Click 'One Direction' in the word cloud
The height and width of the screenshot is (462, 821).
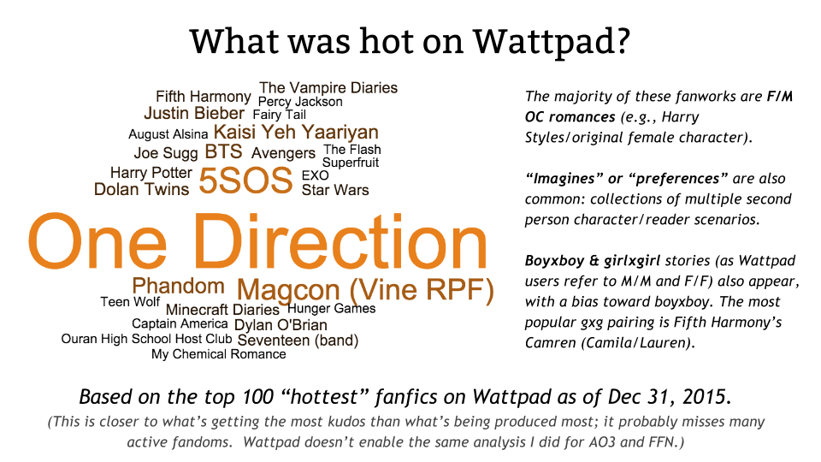257,241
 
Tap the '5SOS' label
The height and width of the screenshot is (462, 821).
245,181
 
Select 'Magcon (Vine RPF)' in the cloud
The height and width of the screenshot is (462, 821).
365,291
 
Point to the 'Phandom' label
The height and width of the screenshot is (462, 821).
178,286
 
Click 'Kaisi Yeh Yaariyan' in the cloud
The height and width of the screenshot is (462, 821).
296,133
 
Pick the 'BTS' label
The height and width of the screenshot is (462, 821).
223,151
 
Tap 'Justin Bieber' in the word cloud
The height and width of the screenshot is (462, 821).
194,113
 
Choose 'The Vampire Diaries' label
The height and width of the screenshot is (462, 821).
328,87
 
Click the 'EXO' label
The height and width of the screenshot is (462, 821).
316,175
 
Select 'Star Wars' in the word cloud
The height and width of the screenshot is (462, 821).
335,190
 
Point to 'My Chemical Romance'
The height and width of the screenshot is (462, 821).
219,354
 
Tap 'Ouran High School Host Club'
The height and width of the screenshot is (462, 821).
146,339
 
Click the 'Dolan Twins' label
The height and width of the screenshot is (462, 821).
141,189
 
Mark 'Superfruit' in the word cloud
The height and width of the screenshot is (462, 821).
351,163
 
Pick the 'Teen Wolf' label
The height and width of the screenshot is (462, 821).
130,302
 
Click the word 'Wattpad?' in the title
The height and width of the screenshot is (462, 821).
552,41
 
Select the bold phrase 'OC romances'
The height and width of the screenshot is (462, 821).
570,117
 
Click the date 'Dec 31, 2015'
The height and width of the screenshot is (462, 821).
668,396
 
